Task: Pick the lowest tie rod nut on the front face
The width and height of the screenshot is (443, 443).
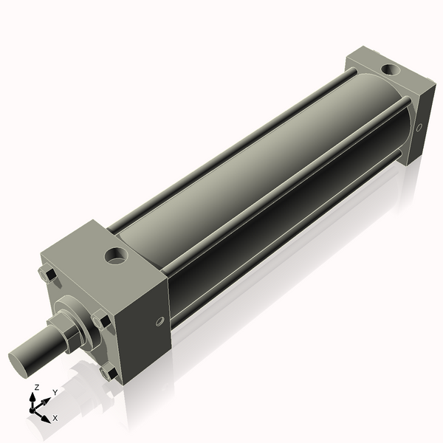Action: [110, 372]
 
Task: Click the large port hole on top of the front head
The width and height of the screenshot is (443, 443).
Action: [115, 257]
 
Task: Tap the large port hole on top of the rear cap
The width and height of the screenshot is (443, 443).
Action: [388, 71]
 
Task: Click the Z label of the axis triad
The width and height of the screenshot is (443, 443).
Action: [36, 387]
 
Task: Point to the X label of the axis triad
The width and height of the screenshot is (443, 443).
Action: [55, 418]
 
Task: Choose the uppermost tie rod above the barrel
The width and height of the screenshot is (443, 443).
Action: [229, 148]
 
